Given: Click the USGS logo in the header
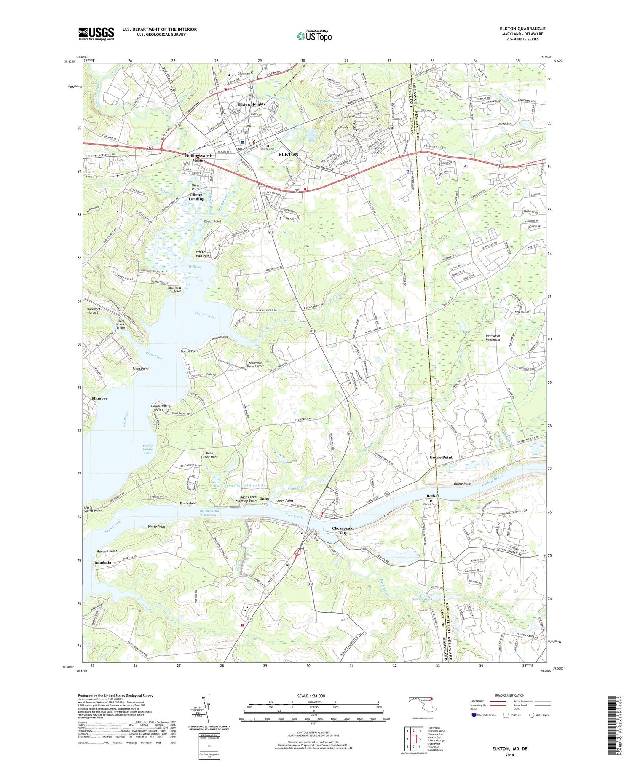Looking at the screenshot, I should tap(96, 34).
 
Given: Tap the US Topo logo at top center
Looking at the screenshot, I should tap(314, 36).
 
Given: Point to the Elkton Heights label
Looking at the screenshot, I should tap(251, 104).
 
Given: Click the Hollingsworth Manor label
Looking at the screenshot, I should tap(198, 158).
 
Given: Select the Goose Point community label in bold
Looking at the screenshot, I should tap(441, 457).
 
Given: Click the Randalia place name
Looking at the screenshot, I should tap(103, 563).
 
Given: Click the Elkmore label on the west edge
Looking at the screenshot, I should tap(99, 398).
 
